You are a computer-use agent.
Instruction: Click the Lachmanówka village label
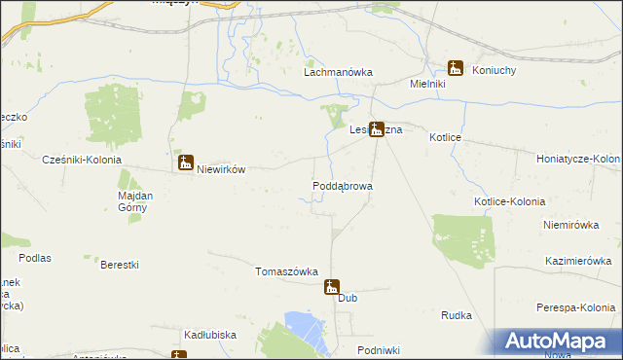(339, 72)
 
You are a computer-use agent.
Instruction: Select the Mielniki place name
(427, 85)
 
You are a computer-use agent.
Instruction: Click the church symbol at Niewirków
(185, 162)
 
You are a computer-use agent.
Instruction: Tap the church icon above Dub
(333, 286)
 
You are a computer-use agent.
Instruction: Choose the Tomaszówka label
(287, 271)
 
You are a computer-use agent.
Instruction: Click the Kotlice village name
(445, 138)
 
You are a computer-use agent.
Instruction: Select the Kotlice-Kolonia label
(509, 201)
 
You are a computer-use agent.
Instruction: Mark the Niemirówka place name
(569, 224)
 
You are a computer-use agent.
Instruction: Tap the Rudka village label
(457, 315)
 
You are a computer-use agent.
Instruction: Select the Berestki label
(120, 265)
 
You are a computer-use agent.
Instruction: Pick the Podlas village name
(33, 258)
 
